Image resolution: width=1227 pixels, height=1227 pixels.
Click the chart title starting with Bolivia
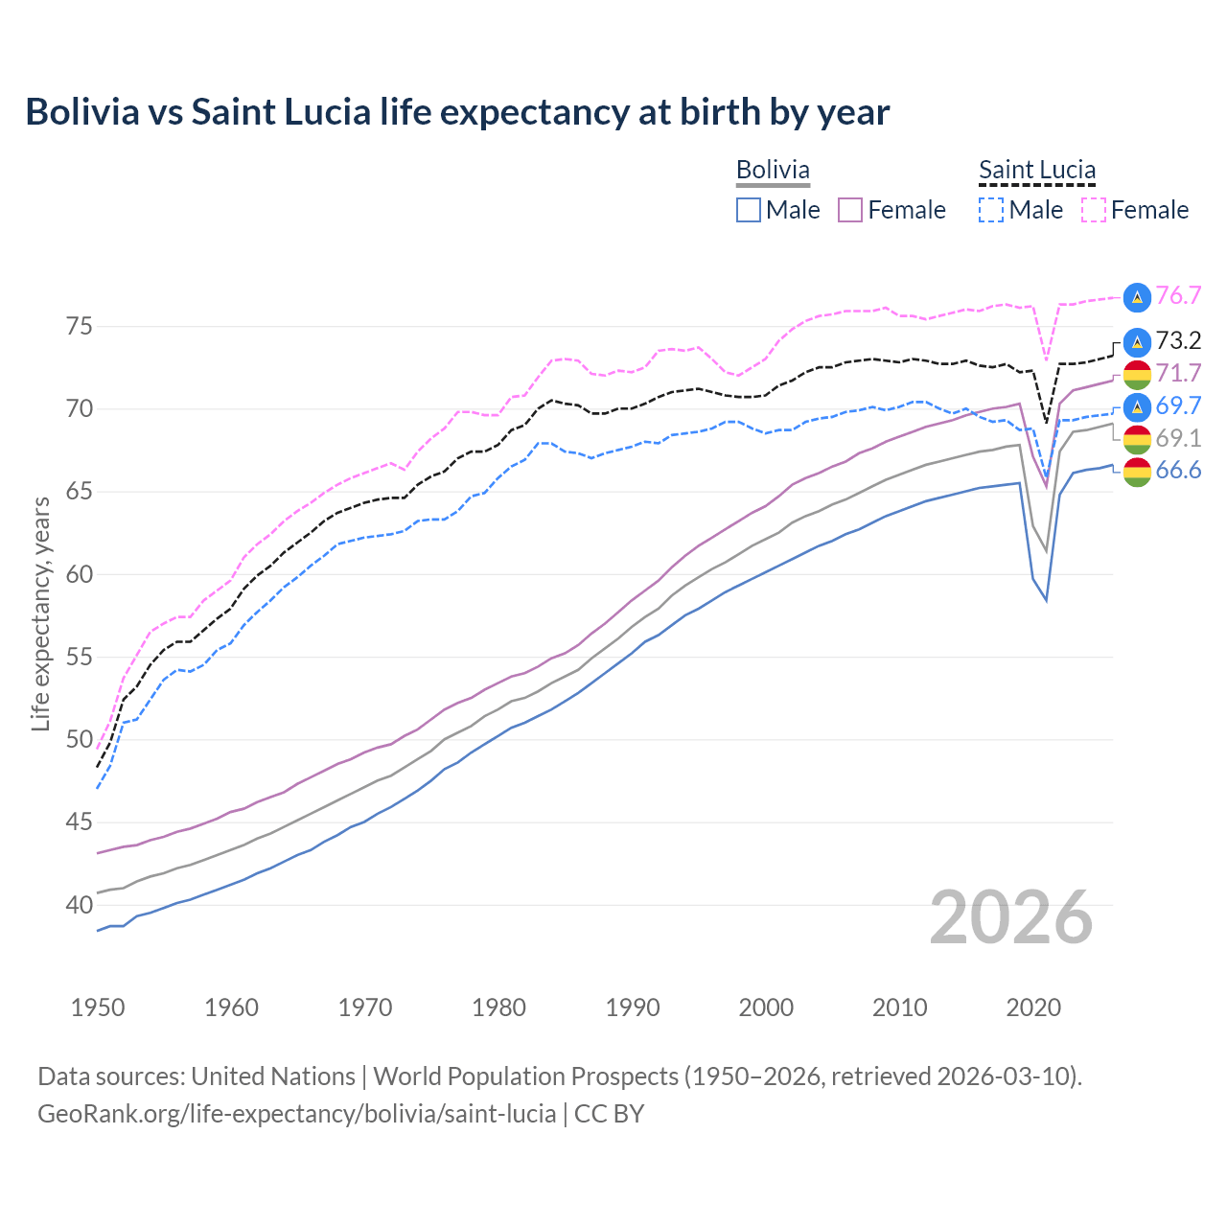pyautogui.click(x=457, y=112)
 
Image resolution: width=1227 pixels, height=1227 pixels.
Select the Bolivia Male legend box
pyautogui.click(x=749, y=210)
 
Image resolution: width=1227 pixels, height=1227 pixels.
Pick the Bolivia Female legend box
pyautogui.click(x=850, y=210)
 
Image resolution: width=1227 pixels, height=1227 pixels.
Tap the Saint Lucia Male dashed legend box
pyautogui.click(x=991, y=210)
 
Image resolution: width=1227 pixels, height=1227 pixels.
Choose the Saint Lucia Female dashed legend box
pyautogui.click(x=1094, y=210)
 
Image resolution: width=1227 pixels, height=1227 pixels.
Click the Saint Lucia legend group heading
pyautogui.click(x=1037, y=171)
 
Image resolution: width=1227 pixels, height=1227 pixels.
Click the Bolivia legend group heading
pyautogui.click(x=773, y=171)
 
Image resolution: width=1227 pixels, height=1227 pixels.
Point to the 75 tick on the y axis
pyautogui.click(x=80, y=327)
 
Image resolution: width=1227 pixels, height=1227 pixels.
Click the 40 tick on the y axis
pyautogui.click(x=80, y=905)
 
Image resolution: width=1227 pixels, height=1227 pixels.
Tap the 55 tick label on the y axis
pyautogui.click(x=80, y=658)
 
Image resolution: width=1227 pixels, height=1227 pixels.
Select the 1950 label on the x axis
pyautogui.click(x=98, y=1007)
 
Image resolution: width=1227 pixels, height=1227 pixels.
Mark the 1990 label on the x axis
pyautogui.click(x=633, y=1007)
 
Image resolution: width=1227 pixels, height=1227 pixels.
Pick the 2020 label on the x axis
pyautogui.click(x=1033, y=1007)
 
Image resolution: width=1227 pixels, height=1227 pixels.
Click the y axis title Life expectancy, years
pyautogui.click(x=41, y=613)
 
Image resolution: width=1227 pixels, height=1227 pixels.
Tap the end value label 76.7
pyautogui.click(x=1178, y=295)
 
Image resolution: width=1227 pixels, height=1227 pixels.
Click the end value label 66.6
pyautogui.click(x=1178, y=470)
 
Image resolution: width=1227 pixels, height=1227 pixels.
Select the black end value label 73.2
pyautogui.click(x=1178, y=340)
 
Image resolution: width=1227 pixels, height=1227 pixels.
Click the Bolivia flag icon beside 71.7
pyautogui.click(x=1137, y=374)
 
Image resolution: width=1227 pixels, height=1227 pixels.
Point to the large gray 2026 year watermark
pyautogui.click(x=1011, y=917)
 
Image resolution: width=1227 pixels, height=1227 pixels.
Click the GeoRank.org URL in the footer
pyautogui.click(x=296, y=1114)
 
